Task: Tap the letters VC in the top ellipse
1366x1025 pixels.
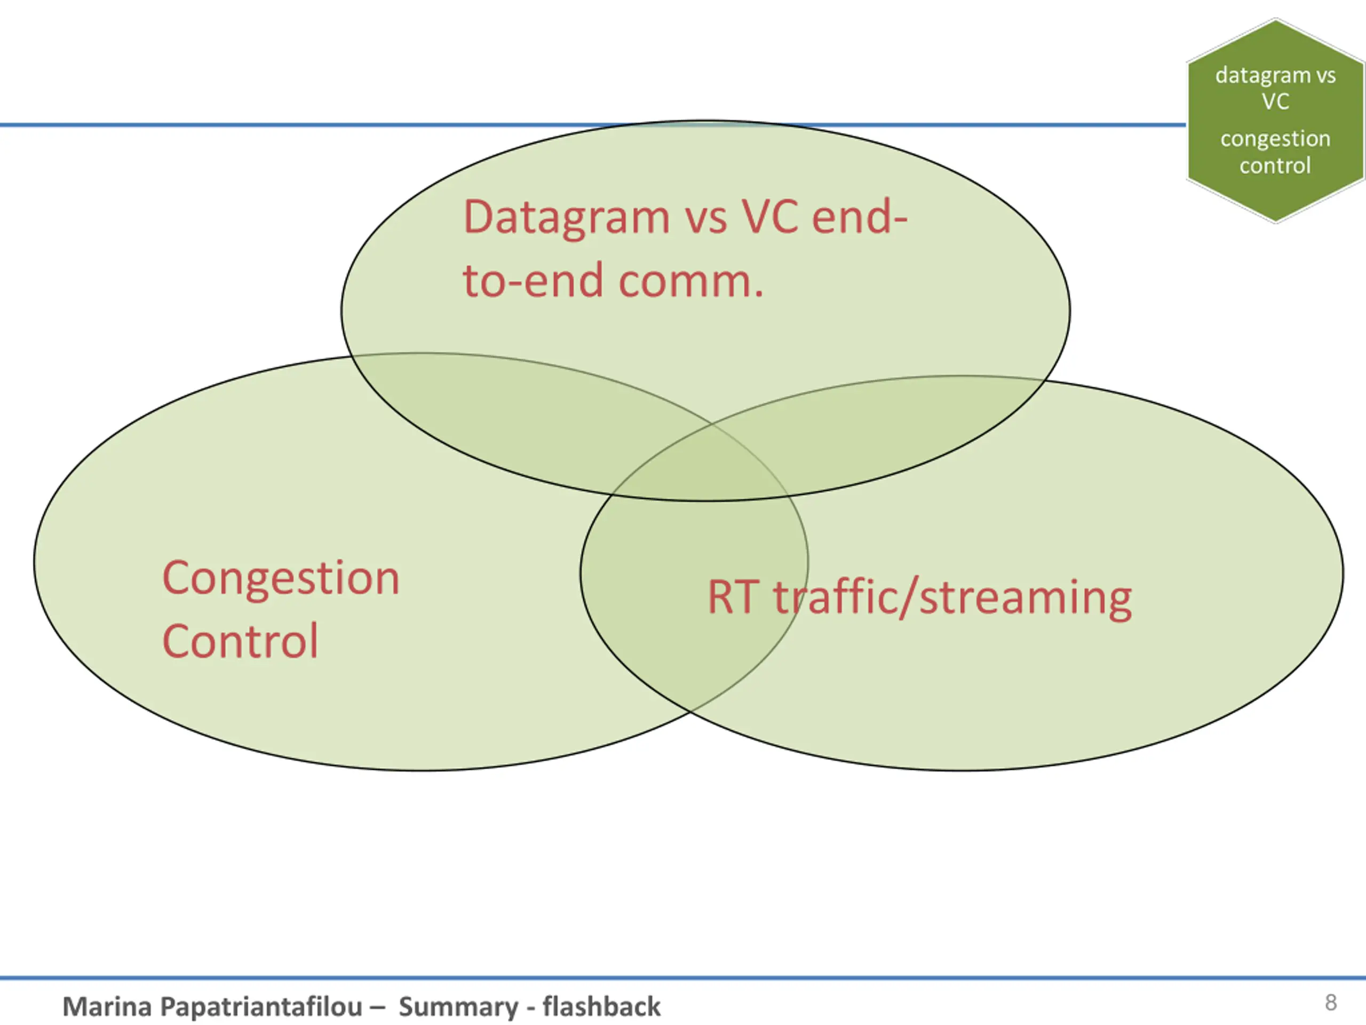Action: pyautogui.click(x=769, y=217)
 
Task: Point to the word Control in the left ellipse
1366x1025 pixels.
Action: pyautogui.click(x=240, y=641)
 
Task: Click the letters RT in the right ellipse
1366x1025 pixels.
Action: pyautogui.click(x=733, y=597)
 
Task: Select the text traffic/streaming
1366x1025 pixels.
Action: pyautogui.click(x=953, y=598)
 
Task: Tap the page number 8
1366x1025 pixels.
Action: pyautogui.click(x=1331, y=1002)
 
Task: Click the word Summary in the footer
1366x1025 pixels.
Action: pyautogui.click(x=458, y=1007)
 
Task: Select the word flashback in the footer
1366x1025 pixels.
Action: pyautogui.click(x=601, y=1006)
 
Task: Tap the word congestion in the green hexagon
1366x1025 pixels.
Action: pyautogui.click(x=1275, y=139)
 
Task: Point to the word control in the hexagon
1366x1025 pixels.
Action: pyautogui.click(x=1275, y=165)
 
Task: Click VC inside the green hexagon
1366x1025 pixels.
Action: pyautogui.click(x=1275, y=101)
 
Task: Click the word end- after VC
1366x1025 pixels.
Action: pyautogui.click(x=859, y=217)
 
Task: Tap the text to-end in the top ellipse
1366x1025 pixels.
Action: pyautogui.click(x=533, y=282)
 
